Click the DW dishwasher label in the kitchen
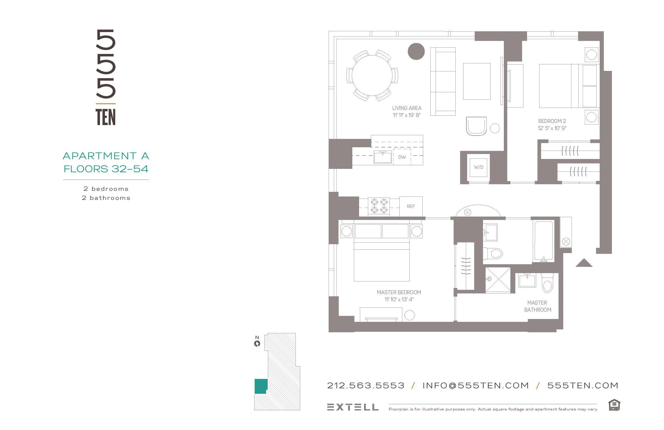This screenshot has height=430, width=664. point(402,157)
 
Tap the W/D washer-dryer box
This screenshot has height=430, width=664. point(479,167)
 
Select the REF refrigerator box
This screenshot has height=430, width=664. point(411,206)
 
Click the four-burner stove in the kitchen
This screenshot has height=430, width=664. point(379,206)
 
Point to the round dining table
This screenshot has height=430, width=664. point(372,75)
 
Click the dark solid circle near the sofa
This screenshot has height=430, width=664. point(416,51)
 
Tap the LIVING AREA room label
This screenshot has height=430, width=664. point(406,108)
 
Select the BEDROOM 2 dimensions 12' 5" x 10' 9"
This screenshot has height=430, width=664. point(552,128)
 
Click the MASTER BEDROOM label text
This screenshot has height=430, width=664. point(399,292)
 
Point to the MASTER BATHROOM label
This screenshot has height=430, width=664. point(537,306)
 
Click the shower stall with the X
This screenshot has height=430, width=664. point(498,280)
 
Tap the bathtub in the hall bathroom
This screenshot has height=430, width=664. point(543,241)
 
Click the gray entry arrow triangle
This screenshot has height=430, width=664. point(584,263)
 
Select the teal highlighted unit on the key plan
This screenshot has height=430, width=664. point(261,386)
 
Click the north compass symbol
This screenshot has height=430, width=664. point(257,343)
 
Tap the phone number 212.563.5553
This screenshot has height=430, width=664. point(366,386)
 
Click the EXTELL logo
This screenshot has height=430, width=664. point(353,407)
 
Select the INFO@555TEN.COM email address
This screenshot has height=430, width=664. point(475,386)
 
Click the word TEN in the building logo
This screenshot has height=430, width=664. point(105,117)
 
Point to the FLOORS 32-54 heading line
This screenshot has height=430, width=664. point(106,169)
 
